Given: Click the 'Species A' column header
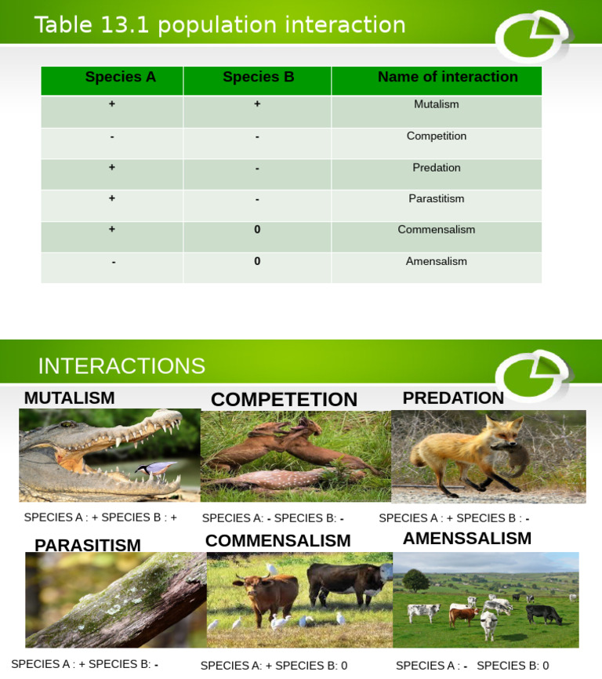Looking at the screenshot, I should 120,77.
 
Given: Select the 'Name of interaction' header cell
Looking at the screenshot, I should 448,77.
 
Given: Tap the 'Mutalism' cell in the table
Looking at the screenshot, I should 437,104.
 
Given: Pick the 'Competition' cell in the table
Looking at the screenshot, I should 437,136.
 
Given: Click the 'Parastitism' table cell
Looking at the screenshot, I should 437,198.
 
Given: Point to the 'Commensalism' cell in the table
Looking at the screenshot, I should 437,230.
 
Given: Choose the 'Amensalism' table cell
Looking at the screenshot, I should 437,261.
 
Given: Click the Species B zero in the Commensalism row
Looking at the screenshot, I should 257,230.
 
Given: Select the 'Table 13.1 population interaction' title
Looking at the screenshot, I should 219,25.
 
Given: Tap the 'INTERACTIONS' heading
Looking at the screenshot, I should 121,366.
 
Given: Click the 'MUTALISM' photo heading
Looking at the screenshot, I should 70,398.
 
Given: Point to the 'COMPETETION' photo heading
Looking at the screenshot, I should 284,400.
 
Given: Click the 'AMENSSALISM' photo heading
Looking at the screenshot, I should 467,539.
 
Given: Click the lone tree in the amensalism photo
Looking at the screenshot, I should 415,581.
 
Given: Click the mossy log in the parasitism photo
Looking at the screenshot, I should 118,600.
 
